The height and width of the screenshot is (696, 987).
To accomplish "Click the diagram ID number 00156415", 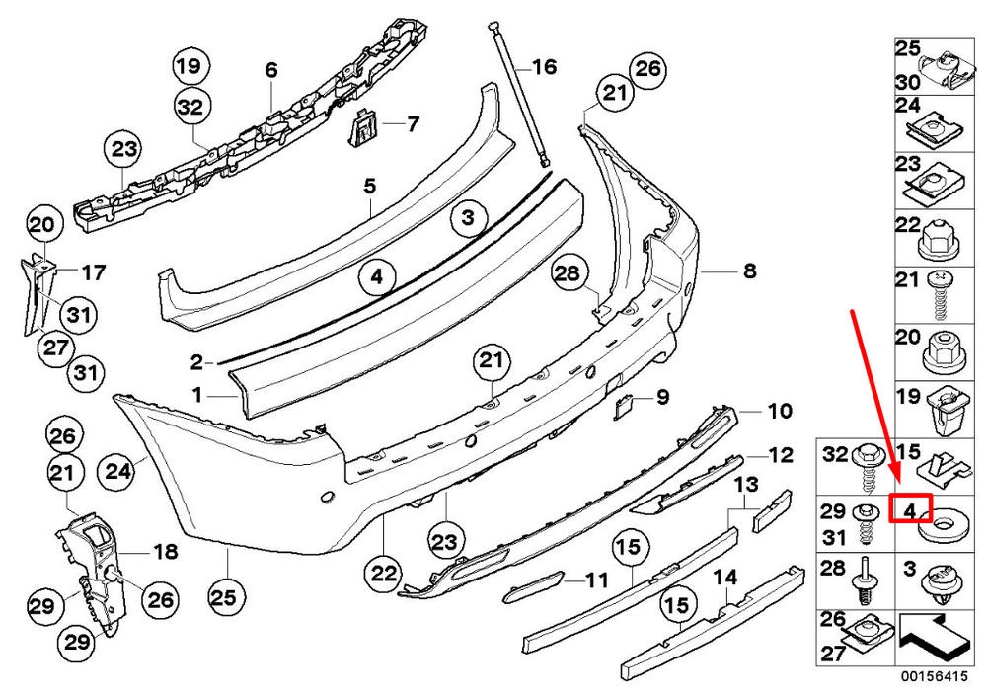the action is pyautogui.click(x=934, y=677).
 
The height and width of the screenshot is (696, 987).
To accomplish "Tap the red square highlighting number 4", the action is pyautogui.click(x=910, y=509).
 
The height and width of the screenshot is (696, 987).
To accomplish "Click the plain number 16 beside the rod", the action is pyautogui.click(x=545, y=66).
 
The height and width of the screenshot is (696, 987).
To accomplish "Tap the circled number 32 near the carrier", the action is pyautogui.click(x=190, y=107).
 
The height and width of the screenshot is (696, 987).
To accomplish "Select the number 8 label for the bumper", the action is pyautogui.click(x=749, y=271).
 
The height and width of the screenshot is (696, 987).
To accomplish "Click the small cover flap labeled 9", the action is pyautogui.click(x=623, y=407).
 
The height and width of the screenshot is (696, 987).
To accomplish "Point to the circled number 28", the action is pyautogui.click(x=568, y=272).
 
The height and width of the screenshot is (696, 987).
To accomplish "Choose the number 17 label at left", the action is pyautogui.click(x=94, y=272).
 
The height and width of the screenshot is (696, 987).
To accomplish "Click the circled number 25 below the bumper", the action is pyautogui.click(x=224, y=597).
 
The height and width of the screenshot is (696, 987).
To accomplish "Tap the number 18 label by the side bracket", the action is pyautogui.click(x=166, y=552).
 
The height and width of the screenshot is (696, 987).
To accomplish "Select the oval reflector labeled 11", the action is pyautogui.click(x=533, y=586).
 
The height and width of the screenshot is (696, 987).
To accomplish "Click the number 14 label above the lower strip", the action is pyautogui.click(x=724, y=577).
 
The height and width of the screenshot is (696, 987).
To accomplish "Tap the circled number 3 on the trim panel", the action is pyautogui.click(x=467, y=218).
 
